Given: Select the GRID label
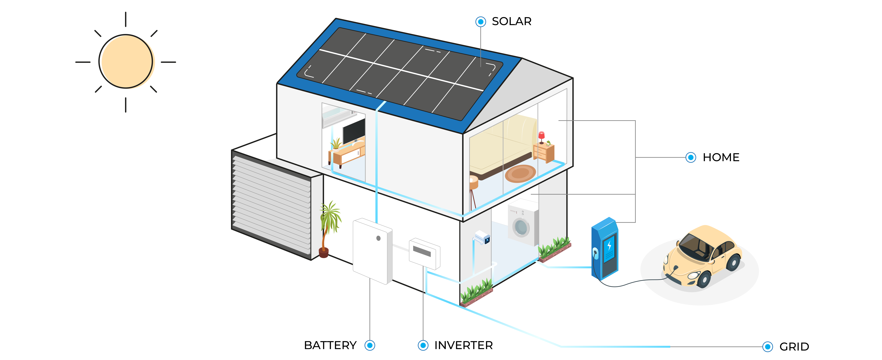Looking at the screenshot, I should pos(794,347).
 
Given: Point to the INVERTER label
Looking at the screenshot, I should pos(463,345).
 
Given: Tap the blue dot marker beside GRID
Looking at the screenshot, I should pos(768,347).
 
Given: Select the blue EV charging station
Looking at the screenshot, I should pos(605,248).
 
